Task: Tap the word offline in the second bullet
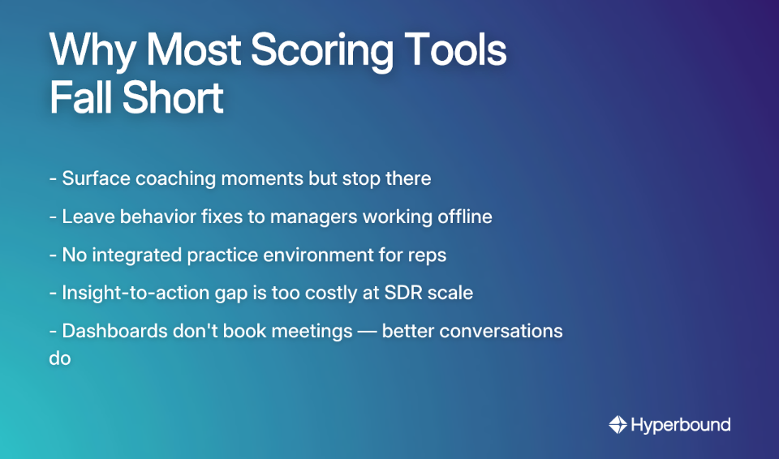462,217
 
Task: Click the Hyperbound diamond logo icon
618,424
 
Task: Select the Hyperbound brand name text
680,424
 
